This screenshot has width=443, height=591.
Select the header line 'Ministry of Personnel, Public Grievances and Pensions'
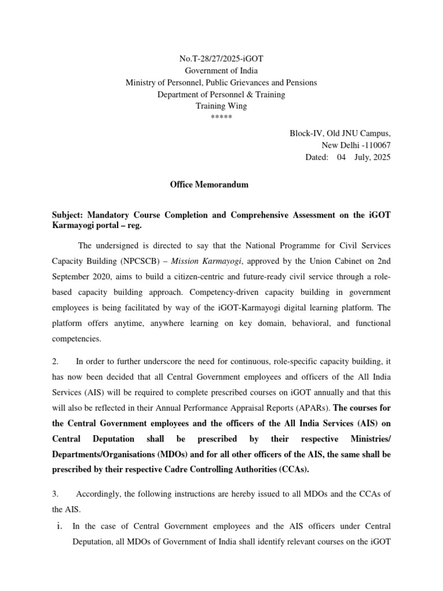(221, 83)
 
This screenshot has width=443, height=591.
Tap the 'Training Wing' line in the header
(221, 106)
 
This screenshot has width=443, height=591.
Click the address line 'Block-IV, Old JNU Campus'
(340, 133)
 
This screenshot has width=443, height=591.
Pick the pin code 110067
(373, 145)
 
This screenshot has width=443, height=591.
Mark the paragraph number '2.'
(56, 361)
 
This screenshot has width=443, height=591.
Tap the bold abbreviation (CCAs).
(292, 469)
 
